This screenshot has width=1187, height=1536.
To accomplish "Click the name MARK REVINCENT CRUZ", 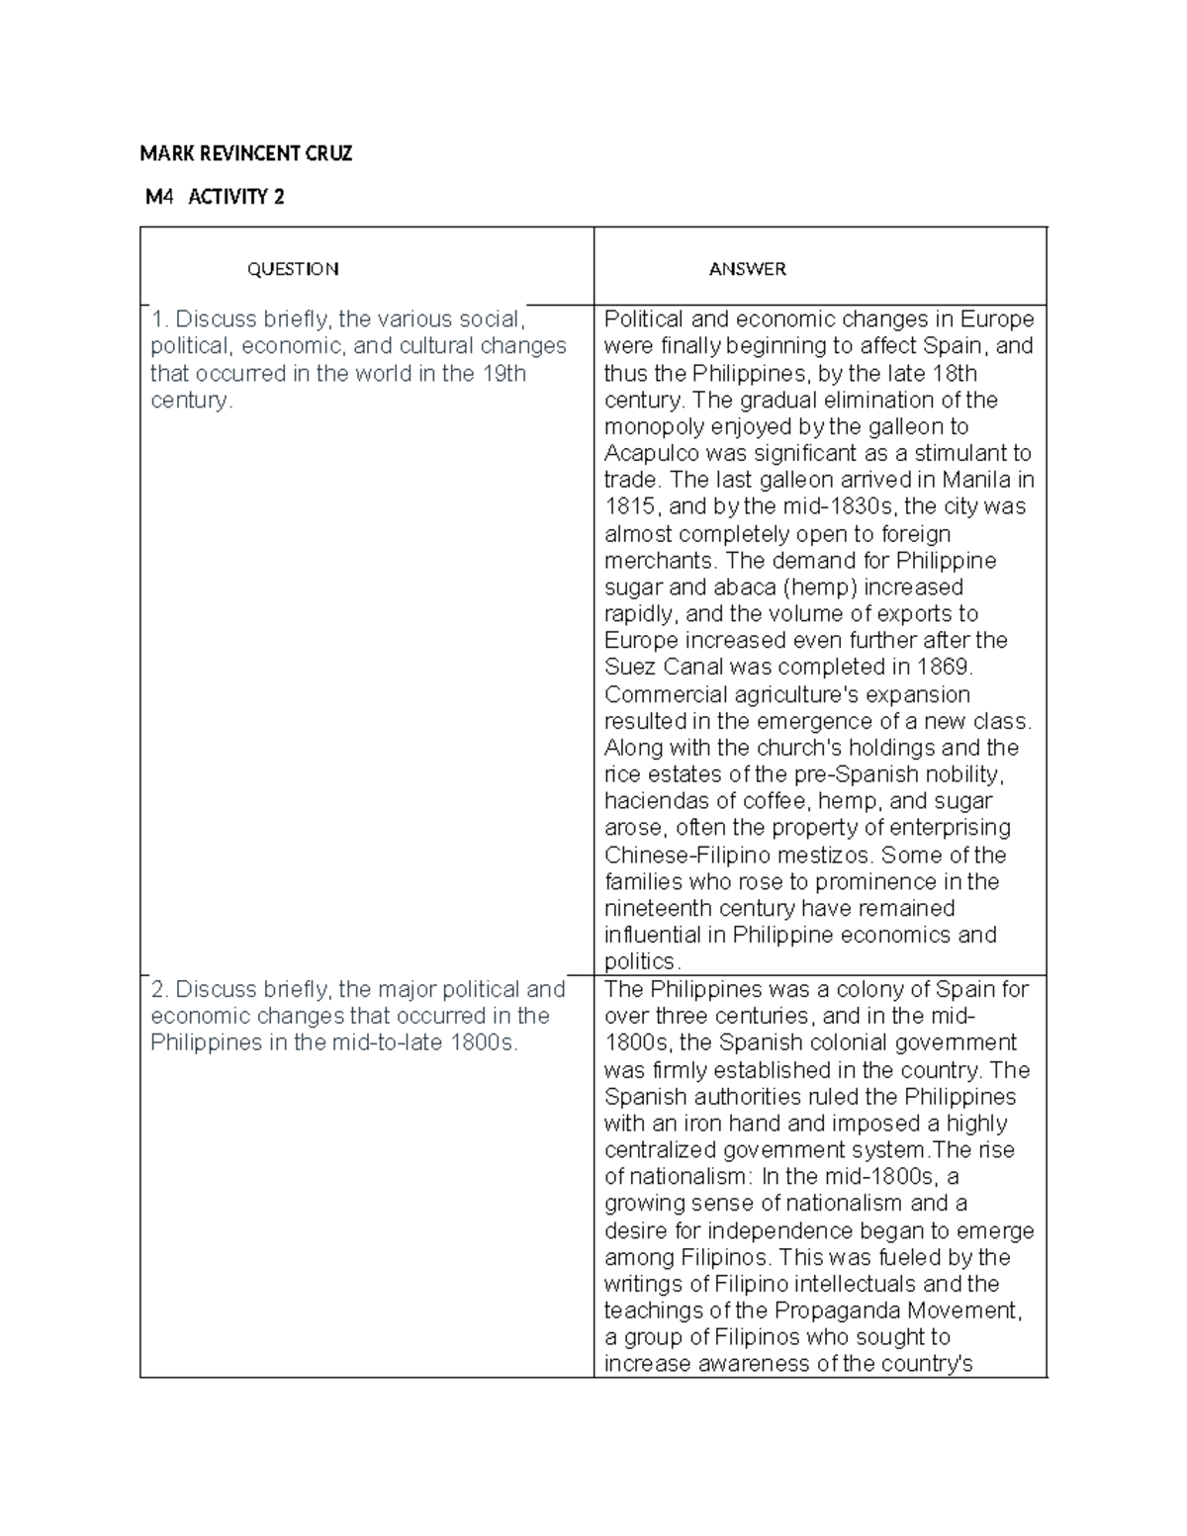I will coord(245,153).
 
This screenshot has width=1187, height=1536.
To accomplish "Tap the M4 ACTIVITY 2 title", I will coord(215,197).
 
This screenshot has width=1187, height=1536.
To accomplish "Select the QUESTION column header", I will coord(292,269).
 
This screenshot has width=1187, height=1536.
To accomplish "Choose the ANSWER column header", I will coord(747,269).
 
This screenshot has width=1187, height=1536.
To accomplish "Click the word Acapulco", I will coord(652,454).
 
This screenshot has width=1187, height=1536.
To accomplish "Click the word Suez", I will coord(630,668).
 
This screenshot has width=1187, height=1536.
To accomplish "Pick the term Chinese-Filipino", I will coord(688,856).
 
